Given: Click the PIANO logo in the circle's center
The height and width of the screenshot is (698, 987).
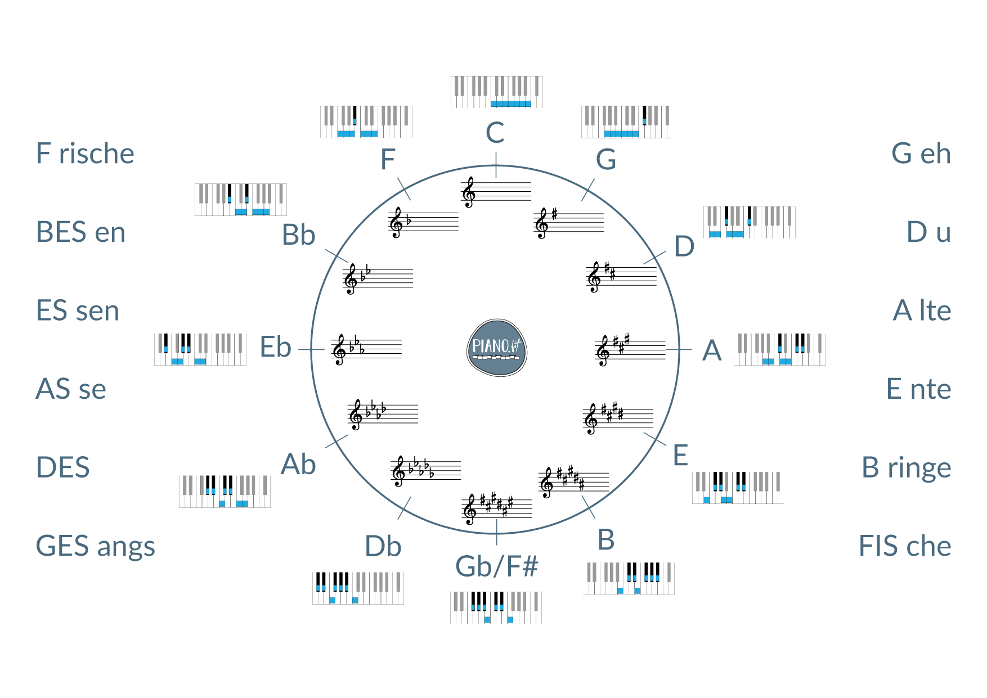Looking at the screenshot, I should coord(496,348).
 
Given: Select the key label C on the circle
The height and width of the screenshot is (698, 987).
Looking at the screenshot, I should coord(495,133).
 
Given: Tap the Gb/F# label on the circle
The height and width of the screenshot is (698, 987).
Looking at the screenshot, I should coord(496,566).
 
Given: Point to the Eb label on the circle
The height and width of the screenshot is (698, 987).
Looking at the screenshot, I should coord(275,348).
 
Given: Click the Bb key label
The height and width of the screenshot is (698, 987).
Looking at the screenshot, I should coord(298,235).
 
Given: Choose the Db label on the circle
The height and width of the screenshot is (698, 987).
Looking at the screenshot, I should coord(383,546).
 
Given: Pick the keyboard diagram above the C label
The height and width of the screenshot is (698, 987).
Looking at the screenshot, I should coord(496,92).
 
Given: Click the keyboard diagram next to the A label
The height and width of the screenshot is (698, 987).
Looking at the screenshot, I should coord(779,349).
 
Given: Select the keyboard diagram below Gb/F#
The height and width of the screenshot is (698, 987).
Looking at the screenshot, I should coord(496,607).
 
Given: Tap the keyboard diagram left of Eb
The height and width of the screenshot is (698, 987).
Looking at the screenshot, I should coord(200,349).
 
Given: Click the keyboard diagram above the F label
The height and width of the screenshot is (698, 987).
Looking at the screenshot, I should coord(366,121).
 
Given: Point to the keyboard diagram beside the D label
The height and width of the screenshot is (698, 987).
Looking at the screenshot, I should coord(749,222).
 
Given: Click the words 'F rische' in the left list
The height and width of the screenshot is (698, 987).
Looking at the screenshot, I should coord(85,154).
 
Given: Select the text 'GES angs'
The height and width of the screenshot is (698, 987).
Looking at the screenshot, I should coord(95,546).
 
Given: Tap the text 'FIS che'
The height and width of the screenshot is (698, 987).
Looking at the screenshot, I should coord(905,546).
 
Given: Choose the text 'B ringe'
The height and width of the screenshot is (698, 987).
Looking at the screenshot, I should coord(906,467).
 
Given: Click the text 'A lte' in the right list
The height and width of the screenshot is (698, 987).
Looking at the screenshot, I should coord(922,310).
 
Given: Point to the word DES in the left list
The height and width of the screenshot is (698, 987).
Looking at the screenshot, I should coord(62,467).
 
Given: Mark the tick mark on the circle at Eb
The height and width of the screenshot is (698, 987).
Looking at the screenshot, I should coord(311,349).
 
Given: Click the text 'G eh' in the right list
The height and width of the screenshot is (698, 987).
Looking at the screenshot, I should coord(921,154).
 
